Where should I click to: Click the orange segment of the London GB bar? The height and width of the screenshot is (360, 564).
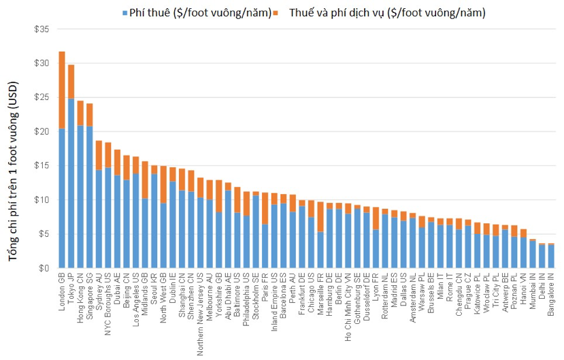point(62,90)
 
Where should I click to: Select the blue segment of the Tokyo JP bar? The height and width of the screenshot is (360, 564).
point(71,184)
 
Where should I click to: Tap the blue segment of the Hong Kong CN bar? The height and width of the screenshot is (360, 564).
point(80,197)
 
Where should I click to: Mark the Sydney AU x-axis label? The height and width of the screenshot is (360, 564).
point(99,293)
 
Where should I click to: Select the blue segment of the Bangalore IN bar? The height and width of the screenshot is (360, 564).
point(550,257)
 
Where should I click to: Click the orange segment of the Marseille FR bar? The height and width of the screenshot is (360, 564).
point(320,218)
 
